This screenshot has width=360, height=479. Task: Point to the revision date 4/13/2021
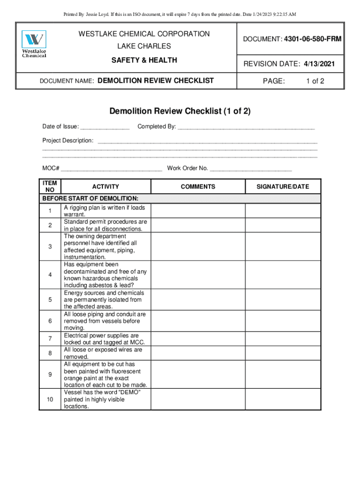[318, 64]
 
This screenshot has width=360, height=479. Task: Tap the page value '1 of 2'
[315, 81]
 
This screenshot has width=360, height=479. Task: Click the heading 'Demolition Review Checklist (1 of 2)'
[180, 111]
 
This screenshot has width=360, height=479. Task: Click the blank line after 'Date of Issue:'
[105, 127]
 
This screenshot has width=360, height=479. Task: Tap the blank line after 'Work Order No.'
[251, 169]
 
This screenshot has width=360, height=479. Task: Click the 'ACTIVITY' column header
[106, 187]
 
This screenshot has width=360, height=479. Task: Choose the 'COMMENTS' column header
[198, 187]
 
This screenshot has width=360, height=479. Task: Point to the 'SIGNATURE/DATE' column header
[282, 187]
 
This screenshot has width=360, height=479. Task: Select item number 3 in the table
[50, 247]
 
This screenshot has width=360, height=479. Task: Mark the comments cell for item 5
[198, 300]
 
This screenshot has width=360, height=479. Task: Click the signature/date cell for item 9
[282, 374]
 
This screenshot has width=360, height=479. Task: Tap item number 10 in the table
[50, 399]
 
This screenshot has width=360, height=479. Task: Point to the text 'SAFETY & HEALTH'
[144, 60]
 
